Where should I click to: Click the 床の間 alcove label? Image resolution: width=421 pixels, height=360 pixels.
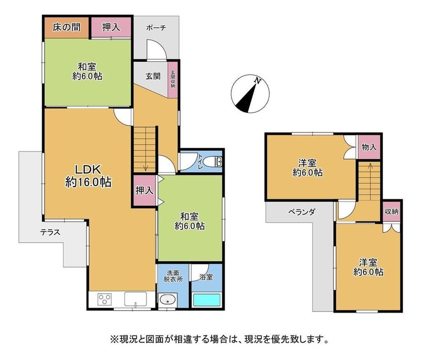click(x=66, y=27)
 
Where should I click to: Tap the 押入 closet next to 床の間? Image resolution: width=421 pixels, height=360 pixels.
click(x=111, y=27)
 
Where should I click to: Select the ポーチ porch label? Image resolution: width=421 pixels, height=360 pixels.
click(x=156, y=27)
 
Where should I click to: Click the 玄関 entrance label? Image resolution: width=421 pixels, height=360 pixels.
click(x=153, y=76)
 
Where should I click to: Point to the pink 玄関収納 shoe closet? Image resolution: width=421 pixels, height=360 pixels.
click(x=173, y=80)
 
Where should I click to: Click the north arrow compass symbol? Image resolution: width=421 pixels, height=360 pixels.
click(x=250, y=94)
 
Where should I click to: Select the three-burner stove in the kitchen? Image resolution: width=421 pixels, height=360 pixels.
click(x=105, y=299)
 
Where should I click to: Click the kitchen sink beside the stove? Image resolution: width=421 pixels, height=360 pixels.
click(x=135, y=299)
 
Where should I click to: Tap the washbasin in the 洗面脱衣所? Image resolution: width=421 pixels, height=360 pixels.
click(x=167, y=299)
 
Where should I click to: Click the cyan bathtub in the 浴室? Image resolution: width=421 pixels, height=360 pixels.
click(x=207, y=300)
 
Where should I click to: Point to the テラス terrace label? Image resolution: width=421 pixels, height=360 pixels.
click(x=50, y=232)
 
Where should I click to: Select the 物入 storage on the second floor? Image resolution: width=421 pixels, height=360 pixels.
click(x=369, y=147)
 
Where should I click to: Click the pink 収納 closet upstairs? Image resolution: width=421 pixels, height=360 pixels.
click(x=391, y=211)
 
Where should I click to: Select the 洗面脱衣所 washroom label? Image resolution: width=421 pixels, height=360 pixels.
click(x=173, y=276)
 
